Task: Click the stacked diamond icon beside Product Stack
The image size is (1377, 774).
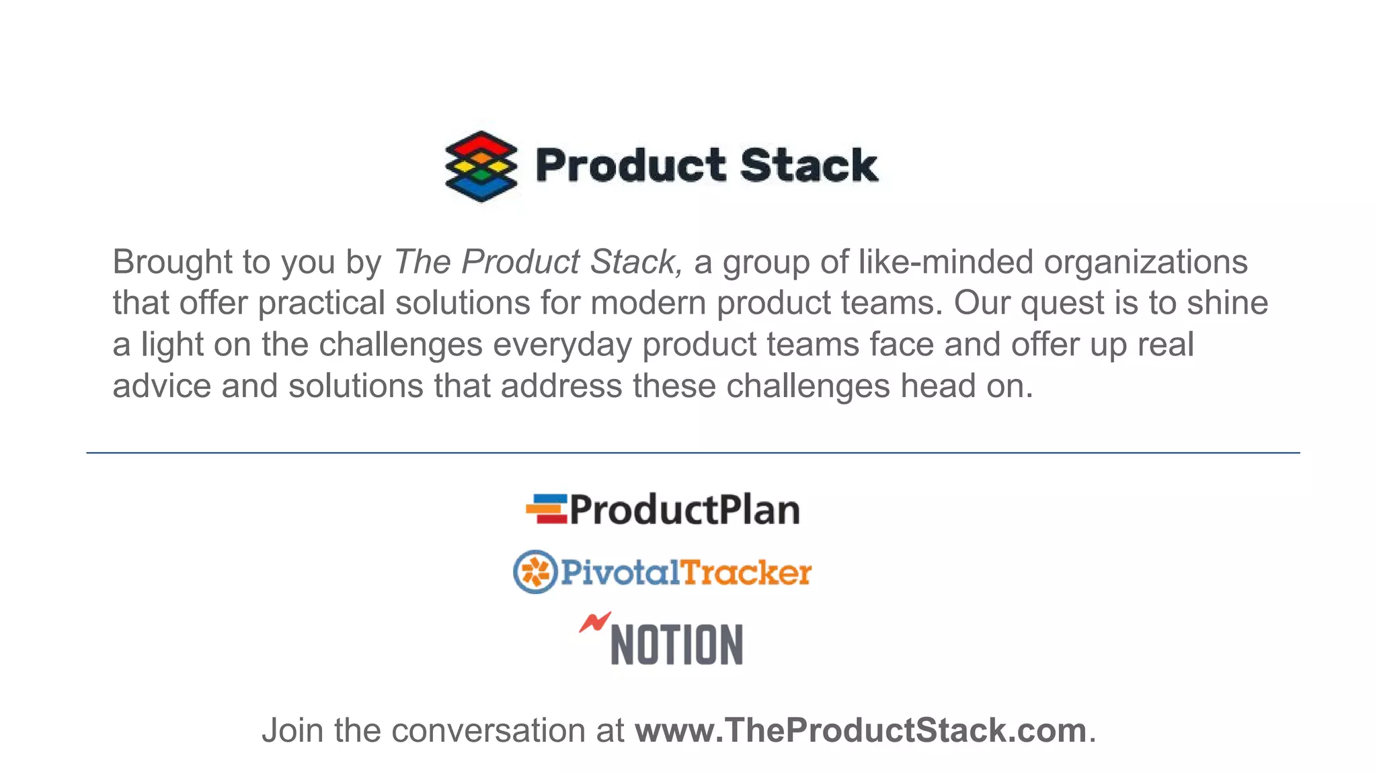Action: tap(481, 166)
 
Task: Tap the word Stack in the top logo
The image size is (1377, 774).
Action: tap(809, 165)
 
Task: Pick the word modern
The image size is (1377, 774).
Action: tap(647, 303)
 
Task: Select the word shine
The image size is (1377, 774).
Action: tap(1227, 303)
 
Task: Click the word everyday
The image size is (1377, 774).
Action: tap(562, 345)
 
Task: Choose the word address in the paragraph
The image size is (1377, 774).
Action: tap(561, 386)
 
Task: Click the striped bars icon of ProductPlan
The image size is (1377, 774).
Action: tap(547, 509)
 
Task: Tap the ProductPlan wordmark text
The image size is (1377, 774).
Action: tap(685, 510)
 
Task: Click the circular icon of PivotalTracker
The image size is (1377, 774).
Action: tap(535, 572)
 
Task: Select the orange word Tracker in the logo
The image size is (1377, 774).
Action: tap(746, 572)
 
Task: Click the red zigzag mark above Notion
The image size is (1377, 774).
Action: tap(594, 622)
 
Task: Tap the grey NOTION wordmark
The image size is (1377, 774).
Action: tap(676, 645)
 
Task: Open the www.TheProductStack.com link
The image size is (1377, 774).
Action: tap(861, 730)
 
